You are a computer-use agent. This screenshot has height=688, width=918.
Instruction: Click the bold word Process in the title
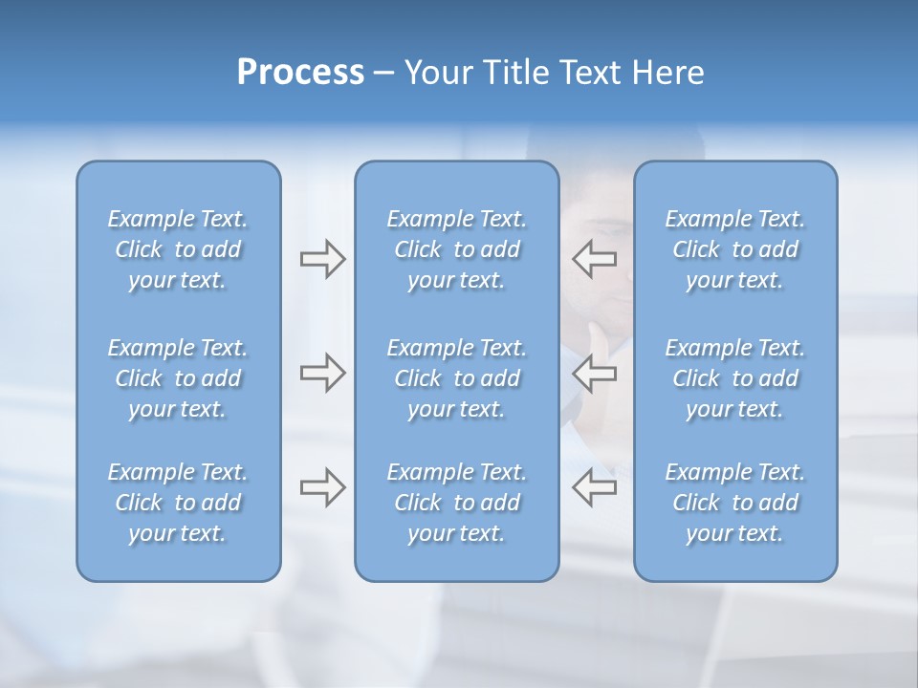tap(300, 73)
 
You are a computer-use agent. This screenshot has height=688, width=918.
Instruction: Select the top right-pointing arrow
tap(322, 259)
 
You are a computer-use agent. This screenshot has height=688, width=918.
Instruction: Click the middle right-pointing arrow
tap(322, 373)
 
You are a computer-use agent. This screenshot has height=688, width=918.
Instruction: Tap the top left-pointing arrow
tap(595, 259)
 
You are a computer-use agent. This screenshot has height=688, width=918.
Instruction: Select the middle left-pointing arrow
tap(595, 373)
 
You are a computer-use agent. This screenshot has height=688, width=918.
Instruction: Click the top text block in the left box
tap(178, 249)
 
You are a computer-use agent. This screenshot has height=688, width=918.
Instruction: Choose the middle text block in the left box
tap(178, 378)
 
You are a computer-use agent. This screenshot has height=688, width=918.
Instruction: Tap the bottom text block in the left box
tap(178, 503)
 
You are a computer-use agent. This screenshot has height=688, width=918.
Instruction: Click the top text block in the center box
tap(456, 249)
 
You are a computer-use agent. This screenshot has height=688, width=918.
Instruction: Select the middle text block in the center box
tap(456, 378)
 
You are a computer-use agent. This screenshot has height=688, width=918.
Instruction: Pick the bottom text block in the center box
tap(456, 503)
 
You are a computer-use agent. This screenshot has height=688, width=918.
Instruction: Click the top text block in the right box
tap(734, 249)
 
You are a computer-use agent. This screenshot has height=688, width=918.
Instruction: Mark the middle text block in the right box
tap(734, 378)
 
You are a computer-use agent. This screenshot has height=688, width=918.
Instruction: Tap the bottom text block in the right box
tap(734, 503)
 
